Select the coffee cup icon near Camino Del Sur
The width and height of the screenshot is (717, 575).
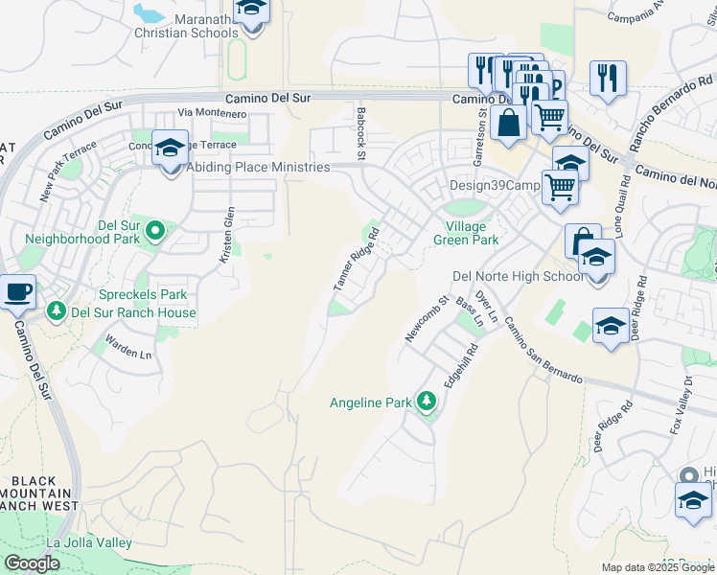click(x=16, y=291)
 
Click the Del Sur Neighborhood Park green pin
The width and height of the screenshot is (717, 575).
click(x=155, y=230)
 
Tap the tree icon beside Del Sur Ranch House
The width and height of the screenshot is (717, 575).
click(x=57, y=311)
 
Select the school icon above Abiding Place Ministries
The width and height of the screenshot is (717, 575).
click(x=170, y=148)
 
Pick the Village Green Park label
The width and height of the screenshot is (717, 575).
click(x=466, y=234)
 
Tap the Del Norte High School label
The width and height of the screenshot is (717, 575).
click(x=518, y=277)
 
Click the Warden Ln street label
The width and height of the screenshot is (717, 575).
click(x=128, y=347)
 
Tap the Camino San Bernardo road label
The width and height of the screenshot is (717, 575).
click(x=543, y=350)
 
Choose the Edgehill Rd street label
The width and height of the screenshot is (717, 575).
click(x=460, y=367)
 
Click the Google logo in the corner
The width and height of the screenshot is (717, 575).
click(x=33, y=563)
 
